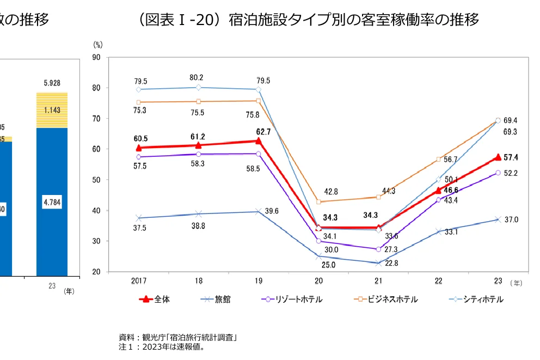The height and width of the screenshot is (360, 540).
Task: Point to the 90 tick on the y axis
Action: pyautogui.click(x=96, y=57)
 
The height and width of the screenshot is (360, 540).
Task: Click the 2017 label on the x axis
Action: pyautogui.click(x=139, y=281)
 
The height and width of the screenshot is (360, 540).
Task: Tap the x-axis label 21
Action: pyautogui.click(x=378, y=281)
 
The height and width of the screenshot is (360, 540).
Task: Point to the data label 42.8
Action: pyautogui.click(x=331, y=192)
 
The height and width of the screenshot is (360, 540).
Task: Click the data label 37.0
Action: pyautogui.click(x=511, y=220)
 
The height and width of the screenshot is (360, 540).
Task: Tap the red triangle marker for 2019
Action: pyautogui.click(x=258, y=141)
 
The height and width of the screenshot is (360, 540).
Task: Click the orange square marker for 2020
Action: pyautogui.click(x=318, y=202)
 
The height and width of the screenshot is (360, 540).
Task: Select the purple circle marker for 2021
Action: pyautogui.click(x=378, y=249)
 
